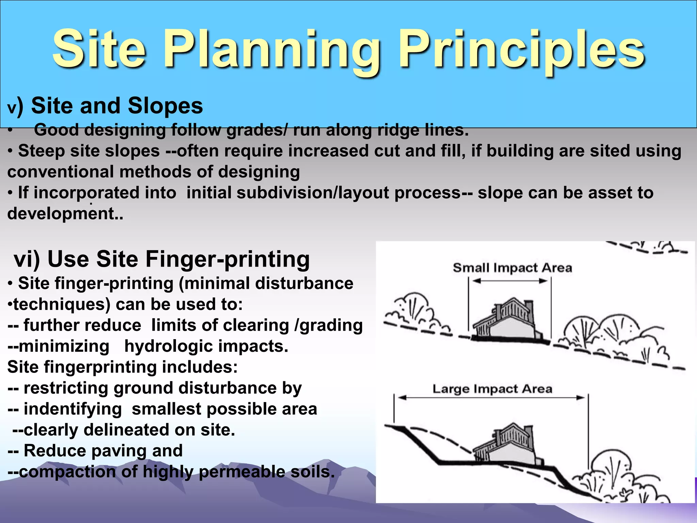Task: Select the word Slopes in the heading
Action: [x=165, y=106]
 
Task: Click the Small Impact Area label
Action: [x=512, y=268]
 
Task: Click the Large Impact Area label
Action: [x=492, y=389]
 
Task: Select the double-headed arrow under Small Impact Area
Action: [x=510, y=281]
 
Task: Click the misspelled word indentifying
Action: [x=72, y=409]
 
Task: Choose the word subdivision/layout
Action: [x=313, y=193]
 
